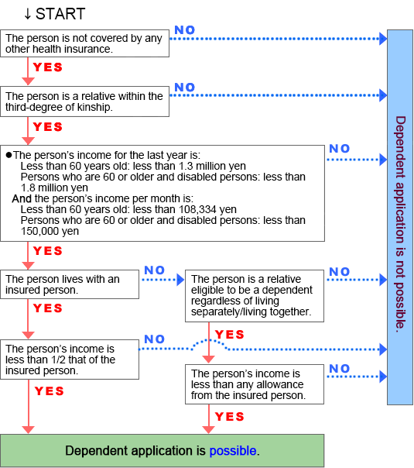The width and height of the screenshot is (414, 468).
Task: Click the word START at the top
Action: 60,14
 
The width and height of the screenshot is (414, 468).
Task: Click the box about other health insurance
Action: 84,43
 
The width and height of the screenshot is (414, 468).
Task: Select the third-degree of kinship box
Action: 84,102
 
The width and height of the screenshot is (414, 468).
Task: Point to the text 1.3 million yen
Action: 212,166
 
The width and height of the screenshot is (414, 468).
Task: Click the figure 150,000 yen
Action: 50,232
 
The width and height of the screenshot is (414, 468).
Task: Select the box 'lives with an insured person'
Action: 70,284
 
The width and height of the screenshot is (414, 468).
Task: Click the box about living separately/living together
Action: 255,296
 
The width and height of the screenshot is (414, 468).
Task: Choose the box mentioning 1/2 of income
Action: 70,360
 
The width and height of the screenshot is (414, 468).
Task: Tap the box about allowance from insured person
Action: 255,384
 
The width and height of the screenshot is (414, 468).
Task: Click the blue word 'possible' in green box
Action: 233,451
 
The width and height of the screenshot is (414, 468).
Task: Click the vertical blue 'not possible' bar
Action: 400,217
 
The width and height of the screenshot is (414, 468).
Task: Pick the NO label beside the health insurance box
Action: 185,30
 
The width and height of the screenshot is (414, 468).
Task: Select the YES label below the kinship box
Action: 48,127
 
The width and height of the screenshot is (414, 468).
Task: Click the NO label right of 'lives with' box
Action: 155,270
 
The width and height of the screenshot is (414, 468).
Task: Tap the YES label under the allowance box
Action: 230,417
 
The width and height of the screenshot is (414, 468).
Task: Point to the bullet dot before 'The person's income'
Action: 9,155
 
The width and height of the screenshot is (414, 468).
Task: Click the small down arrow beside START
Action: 27,14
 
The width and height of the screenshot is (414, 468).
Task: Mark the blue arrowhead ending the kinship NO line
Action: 383,95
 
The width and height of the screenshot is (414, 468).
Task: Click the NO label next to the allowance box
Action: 340,369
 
